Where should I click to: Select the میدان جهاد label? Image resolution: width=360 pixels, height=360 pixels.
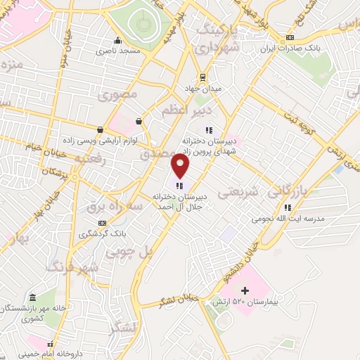tap(202, 89)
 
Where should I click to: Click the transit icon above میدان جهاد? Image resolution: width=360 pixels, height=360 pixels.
tap(202, 77)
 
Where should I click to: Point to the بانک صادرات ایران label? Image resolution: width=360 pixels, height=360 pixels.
tap(290, 49)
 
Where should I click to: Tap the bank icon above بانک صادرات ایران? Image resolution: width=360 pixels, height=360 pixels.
tap(290, 37)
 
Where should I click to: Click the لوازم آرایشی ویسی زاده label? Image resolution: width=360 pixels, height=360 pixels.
tap(105, 141)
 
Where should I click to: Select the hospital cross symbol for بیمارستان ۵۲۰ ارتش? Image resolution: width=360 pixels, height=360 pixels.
tap(245, 290)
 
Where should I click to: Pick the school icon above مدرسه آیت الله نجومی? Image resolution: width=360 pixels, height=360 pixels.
tap(288, 207)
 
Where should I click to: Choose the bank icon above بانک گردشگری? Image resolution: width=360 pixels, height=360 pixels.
tap(103, 223)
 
